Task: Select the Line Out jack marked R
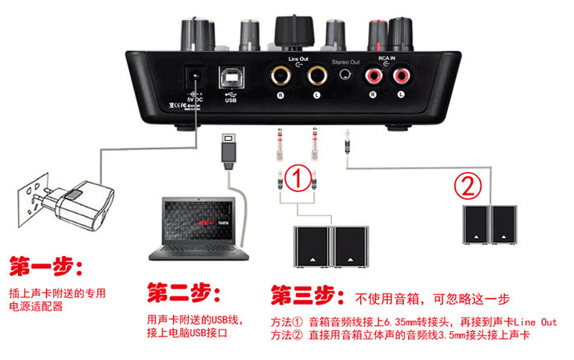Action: coord(279,76)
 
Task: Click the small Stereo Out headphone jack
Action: coord(345,76)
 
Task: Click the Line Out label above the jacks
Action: coord(298,58)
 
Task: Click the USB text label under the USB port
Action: coord(230,99)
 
